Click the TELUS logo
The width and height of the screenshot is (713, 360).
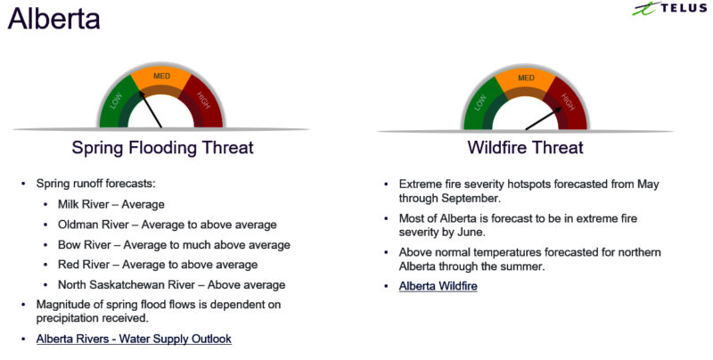[669, 9]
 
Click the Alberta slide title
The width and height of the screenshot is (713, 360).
[53, 19]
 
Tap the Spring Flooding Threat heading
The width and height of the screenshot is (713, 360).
[162, 148]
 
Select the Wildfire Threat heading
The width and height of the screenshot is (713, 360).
[525, 148]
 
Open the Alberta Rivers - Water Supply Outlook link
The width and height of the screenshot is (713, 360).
[134, 340]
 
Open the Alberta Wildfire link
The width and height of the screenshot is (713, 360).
[438, 286]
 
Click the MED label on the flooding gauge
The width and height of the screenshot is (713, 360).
[162, 76]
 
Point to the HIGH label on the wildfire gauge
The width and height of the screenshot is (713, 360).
[568, 102]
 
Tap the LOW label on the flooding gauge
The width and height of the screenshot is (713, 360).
[116, 101]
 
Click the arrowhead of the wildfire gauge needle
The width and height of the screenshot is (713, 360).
[558, 110]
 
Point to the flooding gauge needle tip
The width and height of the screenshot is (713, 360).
[141, 92]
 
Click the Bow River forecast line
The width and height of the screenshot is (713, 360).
[174, 245]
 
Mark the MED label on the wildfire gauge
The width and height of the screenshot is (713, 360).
[526, 78]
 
